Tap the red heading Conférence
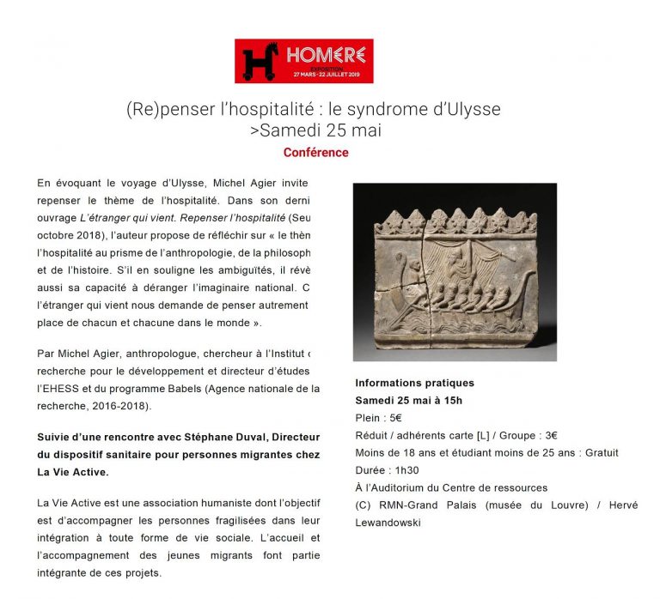[x=315, y=153]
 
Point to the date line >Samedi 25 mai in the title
[x=315, y=130]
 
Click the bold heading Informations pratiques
[x=414, y=383]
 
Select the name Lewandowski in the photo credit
[x=388, y=522]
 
